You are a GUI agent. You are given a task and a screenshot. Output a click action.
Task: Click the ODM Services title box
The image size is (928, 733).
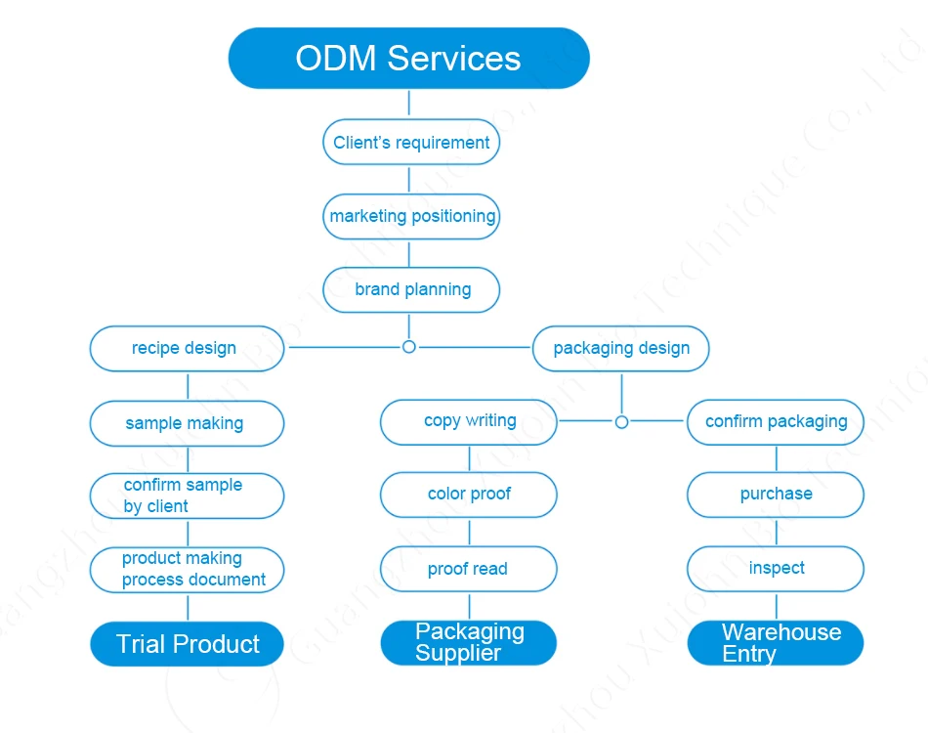tap(408, 58)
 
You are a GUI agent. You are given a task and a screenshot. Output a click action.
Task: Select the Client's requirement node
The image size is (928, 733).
tap(411, 143)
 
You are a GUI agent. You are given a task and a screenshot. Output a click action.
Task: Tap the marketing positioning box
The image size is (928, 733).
tap(411, 216)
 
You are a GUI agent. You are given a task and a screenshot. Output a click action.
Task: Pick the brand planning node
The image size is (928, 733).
tap(411, 289)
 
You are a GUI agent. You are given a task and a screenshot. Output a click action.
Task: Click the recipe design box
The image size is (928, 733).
tap(187, 348)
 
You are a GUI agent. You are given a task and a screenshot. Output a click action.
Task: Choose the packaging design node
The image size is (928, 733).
tap(621, 348)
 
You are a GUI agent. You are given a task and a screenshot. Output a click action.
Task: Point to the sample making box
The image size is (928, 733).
tap(187, 423)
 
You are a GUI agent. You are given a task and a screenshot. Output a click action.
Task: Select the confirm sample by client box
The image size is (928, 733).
tap(187, 496)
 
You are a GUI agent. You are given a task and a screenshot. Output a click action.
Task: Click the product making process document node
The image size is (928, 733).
tap(187, 569)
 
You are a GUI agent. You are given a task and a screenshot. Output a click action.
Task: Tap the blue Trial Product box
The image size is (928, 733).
tap(187, 644)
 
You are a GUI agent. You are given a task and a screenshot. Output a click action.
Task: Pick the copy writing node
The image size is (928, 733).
tap(469, 421)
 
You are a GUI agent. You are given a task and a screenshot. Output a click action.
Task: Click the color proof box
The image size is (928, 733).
tap(469, 495)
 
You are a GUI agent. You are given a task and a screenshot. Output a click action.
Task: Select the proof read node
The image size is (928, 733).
tap(469, 569)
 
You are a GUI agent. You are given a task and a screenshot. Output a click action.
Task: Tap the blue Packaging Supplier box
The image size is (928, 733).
tap(469, 643)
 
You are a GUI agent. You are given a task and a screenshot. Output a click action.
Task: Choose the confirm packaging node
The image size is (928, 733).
tap(776, 422)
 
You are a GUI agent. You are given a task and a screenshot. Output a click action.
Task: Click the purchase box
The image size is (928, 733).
tap(776, 495)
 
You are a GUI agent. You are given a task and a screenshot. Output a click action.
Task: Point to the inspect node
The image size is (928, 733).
tap(776, 568)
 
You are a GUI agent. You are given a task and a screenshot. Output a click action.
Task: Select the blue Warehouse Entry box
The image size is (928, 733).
tap(776, 643)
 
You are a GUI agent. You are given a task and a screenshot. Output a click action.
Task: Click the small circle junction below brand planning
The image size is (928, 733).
tap(409, 347)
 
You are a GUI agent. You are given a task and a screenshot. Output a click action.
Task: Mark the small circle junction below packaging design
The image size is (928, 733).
tap(621, 422)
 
